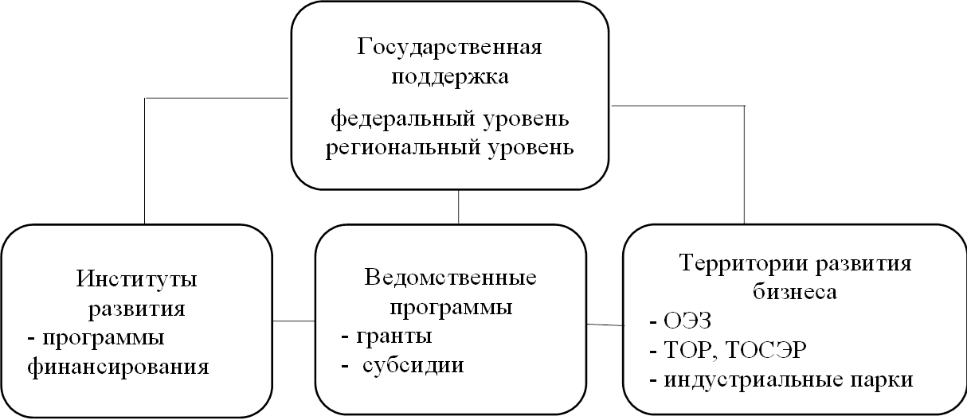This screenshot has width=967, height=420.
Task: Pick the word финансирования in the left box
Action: [117, 367]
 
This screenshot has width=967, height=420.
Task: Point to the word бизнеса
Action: [794, 292]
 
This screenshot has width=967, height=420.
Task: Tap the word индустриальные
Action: [748, 380]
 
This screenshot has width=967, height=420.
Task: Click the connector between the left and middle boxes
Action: [294, 321]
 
